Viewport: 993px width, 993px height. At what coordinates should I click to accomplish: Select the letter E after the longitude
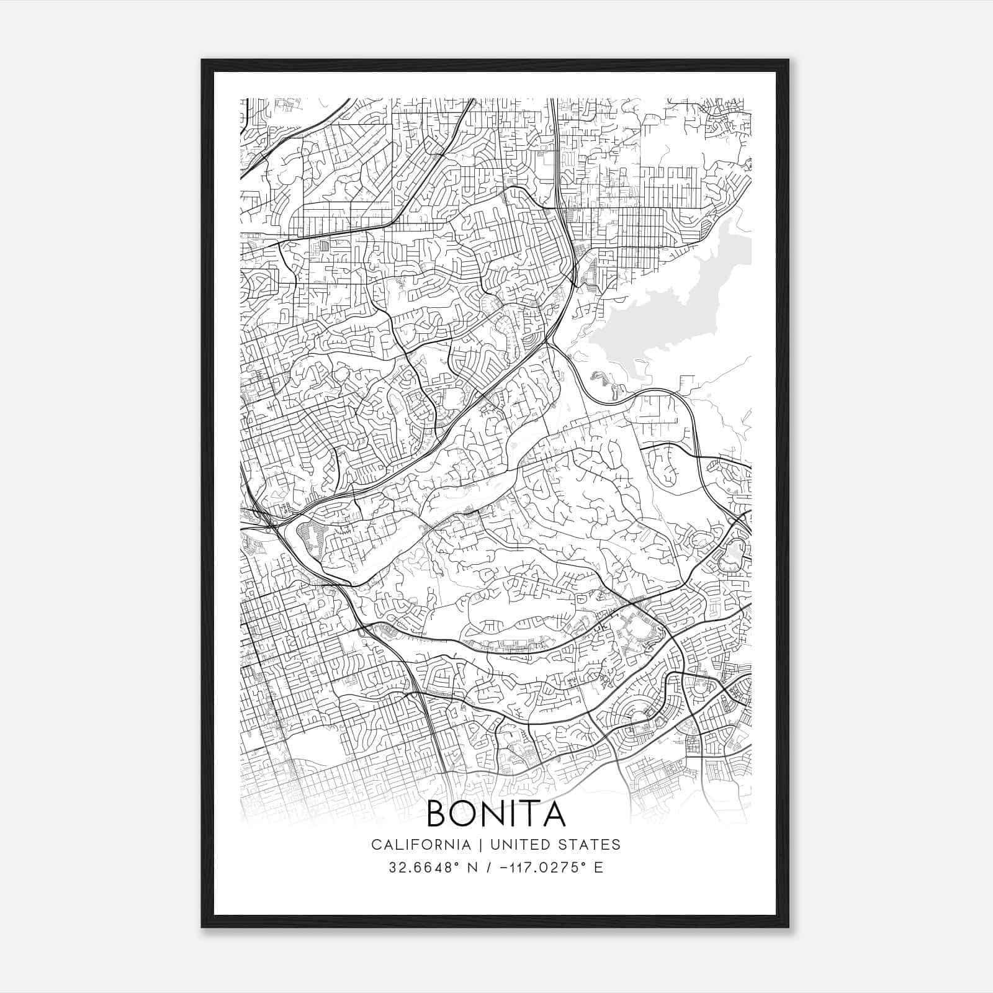click(x=598, y=868)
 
